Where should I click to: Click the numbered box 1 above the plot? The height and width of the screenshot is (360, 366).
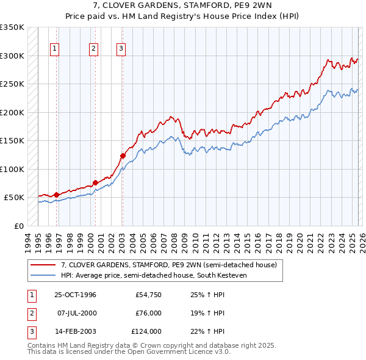pos(55,49)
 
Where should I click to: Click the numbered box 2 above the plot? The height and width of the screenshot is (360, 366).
pos(94,49)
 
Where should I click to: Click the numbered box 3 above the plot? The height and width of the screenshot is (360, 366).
pos(121,49)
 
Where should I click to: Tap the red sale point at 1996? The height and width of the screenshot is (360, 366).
pos(56,195)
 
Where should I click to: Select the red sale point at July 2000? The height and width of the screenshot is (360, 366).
pos(95,182)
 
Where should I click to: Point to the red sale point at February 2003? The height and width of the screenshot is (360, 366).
pos(123,156)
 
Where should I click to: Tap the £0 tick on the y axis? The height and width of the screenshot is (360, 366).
pos(18,226)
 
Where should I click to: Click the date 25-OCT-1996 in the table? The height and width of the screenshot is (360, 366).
pos(75,295)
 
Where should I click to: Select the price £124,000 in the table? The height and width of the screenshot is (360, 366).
pos(146,331)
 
